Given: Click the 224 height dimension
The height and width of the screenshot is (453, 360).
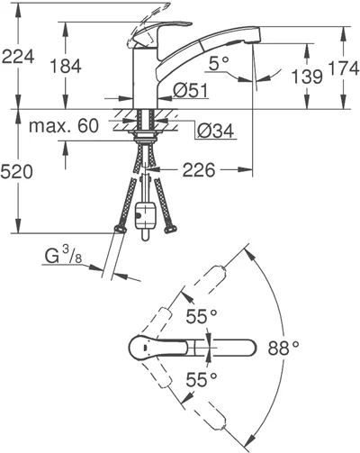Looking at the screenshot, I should (19, 58).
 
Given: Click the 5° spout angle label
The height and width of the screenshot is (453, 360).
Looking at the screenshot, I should (218, 65).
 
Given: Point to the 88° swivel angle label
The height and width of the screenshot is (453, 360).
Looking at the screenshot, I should (283, 344).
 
